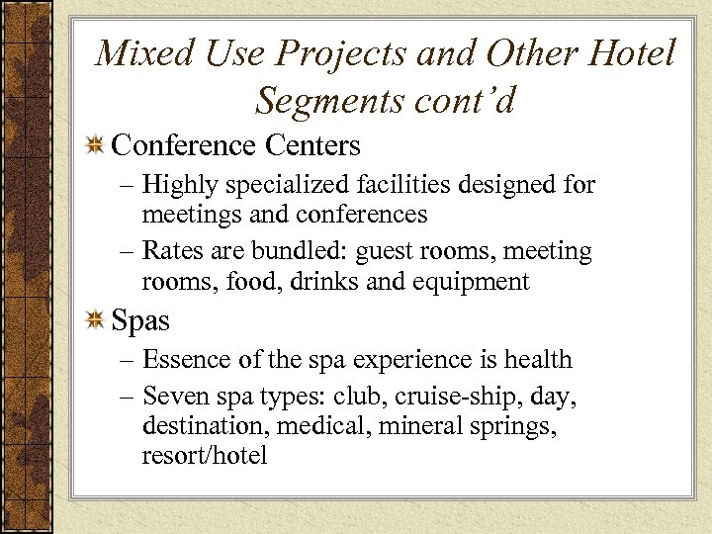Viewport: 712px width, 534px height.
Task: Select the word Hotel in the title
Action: [x=630, y=52]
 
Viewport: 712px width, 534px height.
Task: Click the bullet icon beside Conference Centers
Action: [x=96, y=146]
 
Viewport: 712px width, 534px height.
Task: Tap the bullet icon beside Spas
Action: [x=96, y=320]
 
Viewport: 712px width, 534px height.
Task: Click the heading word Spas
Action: [x=140, y=321]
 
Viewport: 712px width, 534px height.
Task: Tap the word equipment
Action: [x=472, y=282]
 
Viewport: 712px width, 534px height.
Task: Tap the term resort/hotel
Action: [x=205, y=457]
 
